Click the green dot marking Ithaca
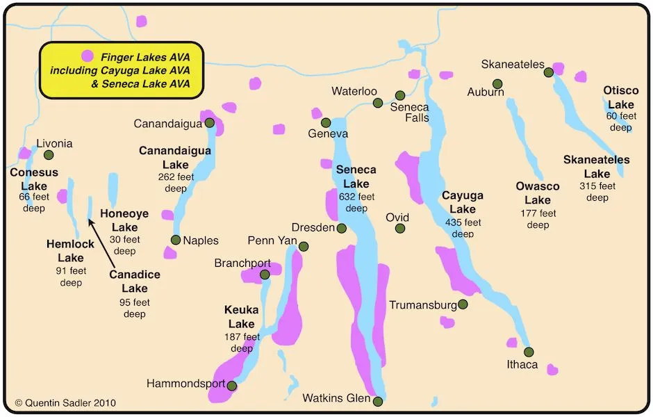point(529,352)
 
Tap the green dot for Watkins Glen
point(378,401)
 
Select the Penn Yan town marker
point(304,246)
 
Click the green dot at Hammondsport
point(232,386)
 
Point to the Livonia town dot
point(49,155)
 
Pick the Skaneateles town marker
point(549,72)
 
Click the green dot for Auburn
point(497,83)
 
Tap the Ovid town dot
point(400,228)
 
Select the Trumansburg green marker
point(463,304)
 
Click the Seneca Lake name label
point(356,177)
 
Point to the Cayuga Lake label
point(462,202)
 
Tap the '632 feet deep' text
point(356,202)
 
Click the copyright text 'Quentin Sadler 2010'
point(65,402)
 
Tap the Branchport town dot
point(265,275)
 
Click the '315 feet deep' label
point(597,192)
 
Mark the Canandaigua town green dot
point(209,123)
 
